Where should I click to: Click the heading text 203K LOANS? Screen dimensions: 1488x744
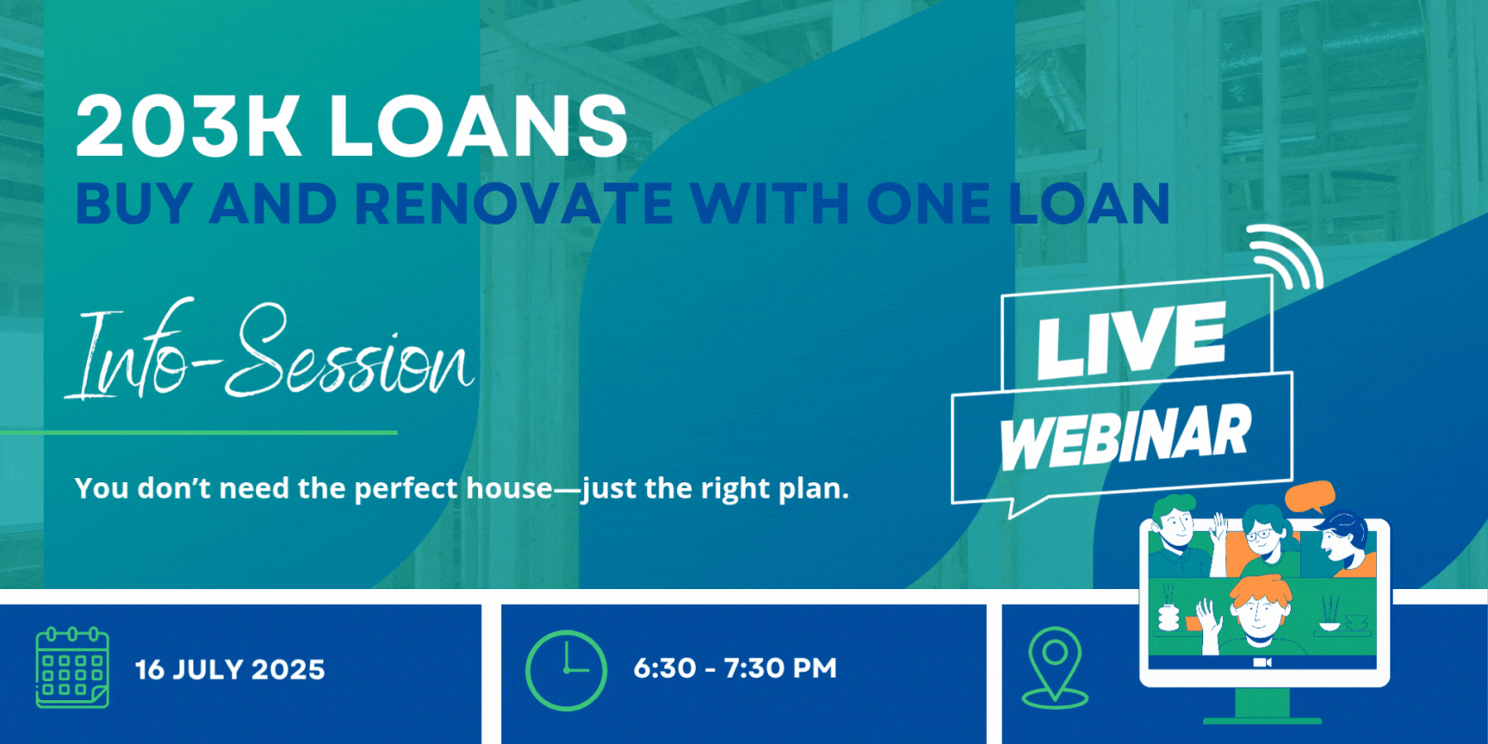[x=351, y=127]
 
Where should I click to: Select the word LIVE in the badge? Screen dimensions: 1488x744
[x=1131, y=339]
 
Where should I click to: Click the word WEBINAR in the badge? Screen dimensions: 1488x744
[x=1125, y=437]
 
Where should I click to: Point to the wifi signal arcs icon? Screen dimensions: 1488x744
[x=1285, y=257]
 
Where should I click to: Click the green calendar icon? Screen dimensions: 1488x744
[x=72, y=667]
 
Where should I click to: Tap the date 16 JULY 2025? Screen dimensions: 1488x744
[x=230, y=670]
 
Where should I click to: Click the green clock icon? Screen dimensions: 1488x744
[x=566, y=670]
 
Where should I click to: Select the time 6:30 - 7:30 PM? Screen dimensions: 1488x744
[x=735, y=668]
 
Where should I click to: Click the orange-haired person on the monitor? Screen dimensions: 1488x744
[x=1259, y=611]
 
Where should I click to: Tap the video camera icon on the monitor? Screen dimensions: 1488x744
[x=1262, y=662]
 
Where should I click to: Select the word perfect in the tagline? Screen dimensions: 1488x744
[x=406, y=489]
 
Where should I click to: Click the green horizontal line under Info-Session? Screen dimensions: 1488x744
[x=199, y=432]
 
